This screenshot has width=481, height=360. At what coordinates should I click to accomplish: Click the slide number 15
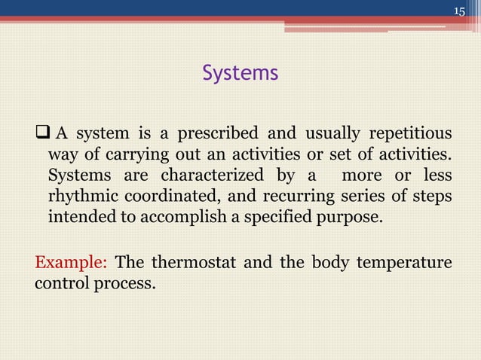pos(460,11)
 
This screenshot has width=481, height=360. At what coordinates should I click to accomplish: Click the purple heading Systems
pos(240,73)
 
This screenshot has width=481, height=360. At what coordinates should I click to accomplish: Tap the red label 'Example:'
pos(71,264)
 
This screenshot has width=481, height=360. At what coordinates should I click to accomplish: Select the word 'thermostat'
pos(193,264)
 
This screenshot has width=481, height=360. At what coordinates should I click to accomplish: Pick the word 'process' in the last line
pos(126,285)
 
